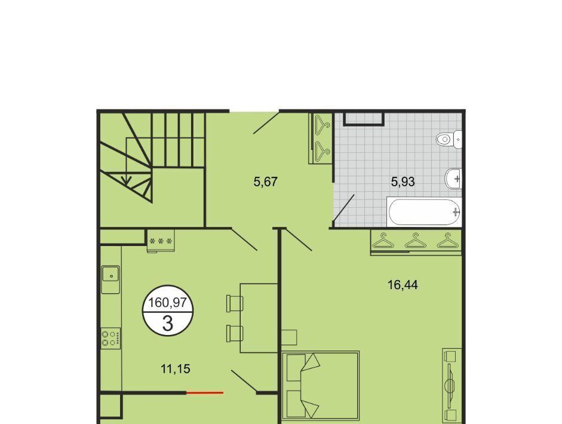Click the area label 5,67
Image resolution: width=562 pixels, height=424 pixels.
[266, 182]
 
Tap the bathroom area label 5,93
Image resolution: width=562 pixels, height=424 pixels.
[403, 182]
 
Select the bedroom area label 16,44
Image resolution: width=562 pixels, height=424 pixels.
[403, 285]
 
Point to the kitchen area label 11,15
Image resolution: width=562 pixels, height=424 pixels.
[176, 368]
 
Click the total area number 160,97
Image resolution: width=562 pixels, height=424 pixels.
[168, 303]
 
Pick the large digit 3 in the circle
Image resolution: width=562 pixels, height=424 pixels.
[168, 323]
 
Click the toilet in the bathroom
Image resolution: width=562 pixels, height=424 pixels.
[449, 139]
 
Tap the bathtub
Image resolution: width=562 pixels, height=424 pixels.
[425, 212]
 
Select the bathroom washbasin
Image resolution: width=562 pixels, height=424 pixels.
[453, 178]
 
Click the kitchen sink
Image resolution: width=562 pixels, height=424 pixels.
[110, 275]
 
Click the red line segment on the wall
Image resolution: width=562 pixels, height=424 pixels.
[205, 393]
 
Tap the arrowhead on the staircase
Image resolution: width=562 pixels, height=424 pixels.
[127, 180]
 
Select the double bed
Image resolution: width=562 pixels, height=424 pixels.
[321, 385]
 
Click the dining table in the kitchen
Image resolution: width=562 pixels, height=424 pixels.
[259, 318]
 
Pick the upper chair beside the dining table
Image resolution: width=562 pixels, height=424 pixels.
[234, 303]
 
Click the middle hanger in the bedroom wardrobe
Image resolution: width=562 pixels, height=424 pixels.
[416, 241]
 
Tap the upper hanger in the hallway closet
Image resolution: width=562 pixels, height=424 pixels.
[323, 125]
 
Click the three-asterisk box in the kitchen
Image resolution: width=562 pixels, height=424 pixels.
[161, 241]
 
